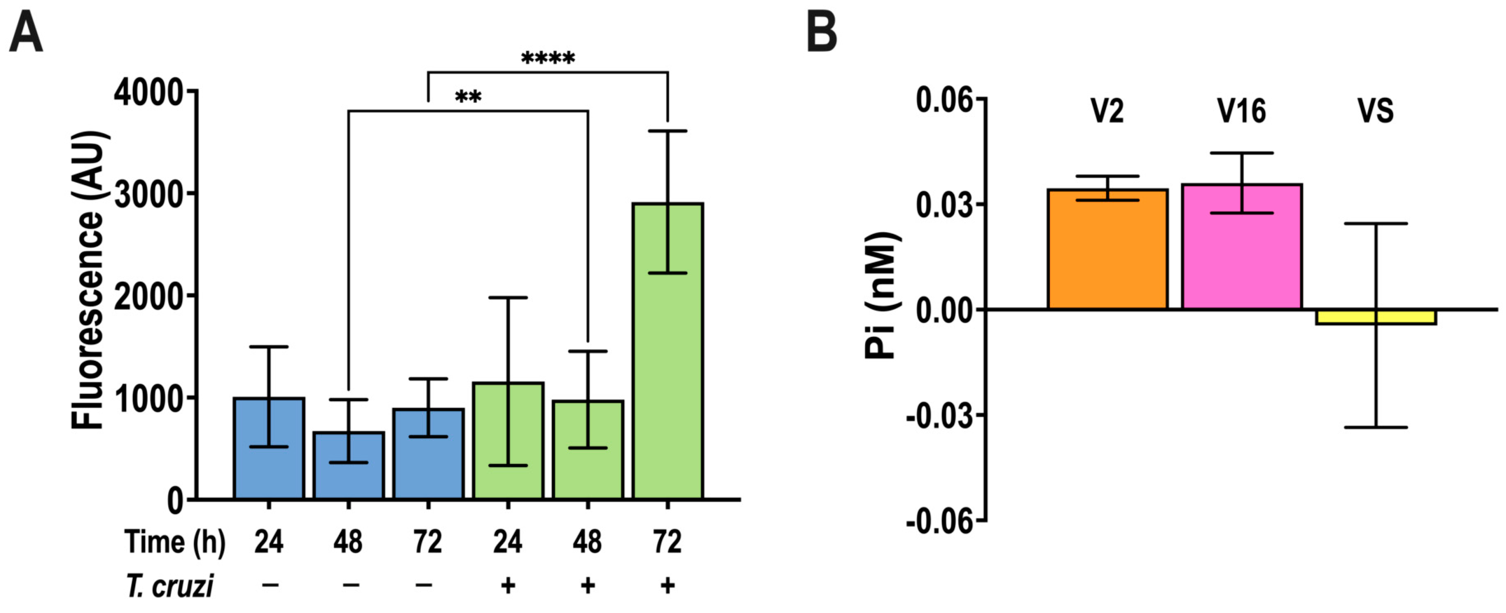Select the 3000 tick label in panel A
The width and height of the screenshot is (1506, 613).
149,195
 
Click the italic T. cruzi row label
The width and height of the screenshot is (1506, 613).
170,586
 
